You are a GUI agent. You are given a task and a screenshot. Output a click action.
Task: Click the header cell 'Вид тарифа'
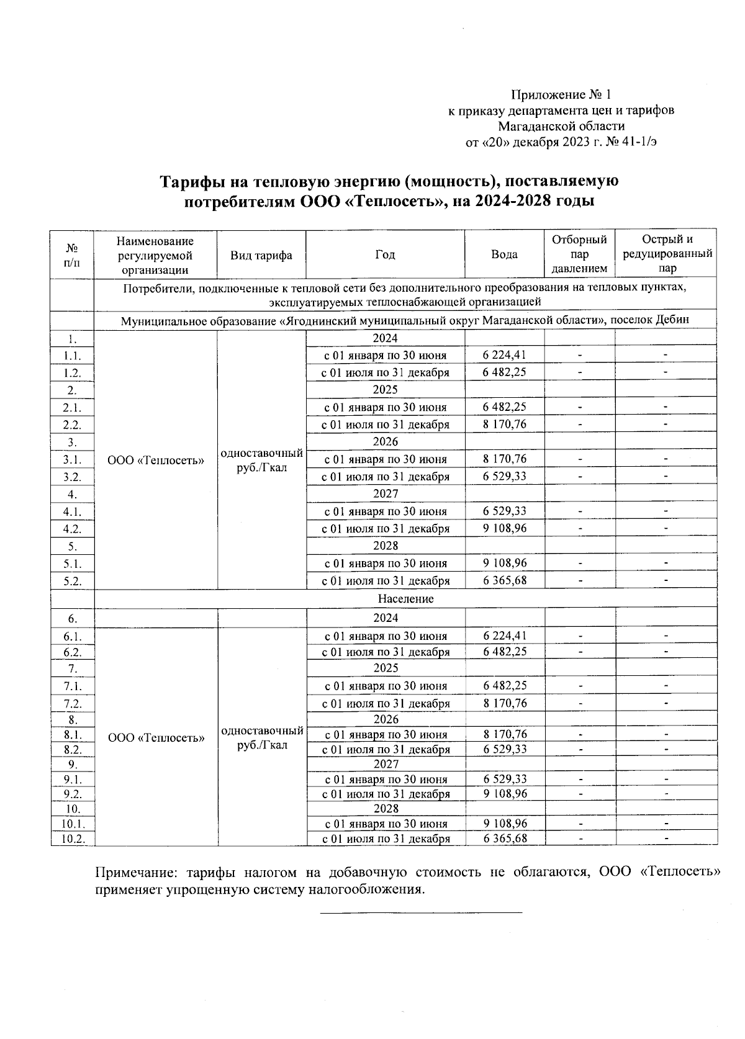click(261, 255)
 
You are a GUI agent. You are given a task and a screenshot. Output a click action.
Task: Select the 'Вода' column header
click(504, 254)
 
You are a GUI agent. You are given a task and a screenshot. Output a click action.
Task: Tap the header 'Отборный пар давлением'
click(579, 254)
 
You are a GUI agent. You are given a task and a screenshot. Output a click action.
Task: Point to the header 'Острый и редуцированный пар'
click(667, 254)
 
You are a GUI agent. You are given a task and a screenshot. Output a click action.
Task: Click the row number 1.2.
click(72, 373)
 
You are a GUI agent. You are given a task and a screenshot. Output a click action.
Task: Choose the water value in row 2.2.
click(504, 425)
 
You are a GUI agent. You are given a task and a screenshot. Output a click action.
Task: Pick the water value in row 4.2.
click(504, 529)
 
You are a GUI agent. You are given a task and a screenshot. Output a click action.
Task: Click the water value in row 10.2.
click(505, 839)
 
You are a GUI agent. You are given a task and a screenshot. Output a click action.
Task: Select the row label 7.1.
click(72, 686)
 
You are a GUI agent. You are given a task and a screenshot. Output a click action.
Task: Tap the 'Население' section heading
click(405, 599)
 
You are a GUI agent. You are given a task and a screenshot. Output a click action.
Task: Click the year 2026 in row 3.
click(385, 442)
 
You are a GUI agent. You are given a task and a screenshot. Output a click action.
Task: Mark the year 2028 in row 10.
click(386, 809)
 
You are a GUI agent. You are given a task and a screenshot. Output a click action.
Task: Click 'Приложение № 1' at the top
click(561, 95)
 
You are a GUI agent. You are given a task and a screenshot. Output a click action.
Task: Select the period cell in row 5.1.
click(386, 564)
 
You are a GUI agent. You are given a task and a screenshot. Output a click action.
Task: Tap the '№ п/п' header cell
click(72, 254)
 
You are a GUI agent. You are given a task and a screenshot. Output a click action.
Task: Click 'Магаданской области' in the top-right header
click(561, 126)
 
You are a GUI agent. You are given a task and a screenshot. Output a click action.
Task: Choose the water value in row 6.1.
click(505, 636)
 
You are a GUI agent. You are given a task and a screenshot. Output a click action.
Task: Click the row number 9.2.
click(72, 794)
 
